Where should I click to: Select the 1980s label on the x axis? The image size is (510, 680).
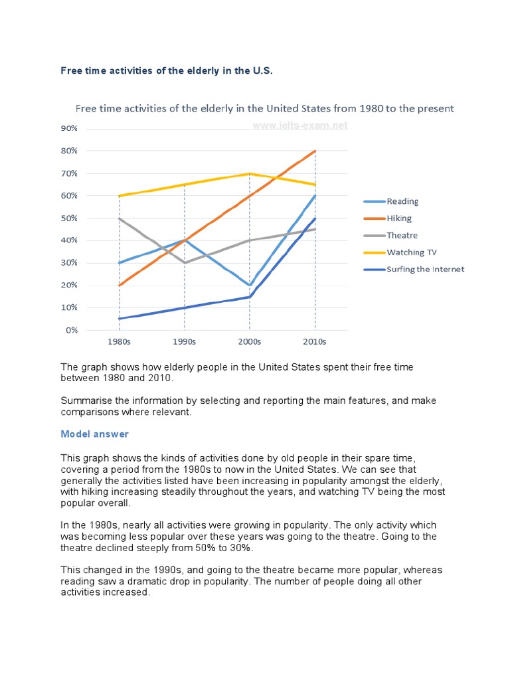tap(119, 342)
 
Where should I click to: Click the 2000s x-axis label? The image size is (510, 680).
tap(249, 342)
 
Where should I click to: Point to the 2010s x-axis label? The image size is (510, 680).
tap(315, 342)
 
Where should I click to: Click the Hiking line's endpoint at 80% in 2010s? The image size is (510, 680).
tap(315, 151)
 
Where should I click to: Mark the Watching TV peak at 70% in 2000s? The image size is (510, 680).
tap(249, 173)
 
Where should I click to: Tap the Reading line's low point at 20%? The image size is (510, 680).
tap(249, 285)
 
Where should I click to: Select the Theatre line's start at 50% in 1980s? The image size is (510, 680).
tap(120, 218)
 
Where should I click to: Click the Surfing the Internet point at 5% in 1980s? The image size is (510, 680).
tap(120, 319)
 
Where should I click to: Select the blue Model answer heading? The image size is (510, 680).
tap(95, 434)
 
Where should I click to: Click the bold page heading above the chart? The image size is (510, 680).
tap(167, 70)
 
